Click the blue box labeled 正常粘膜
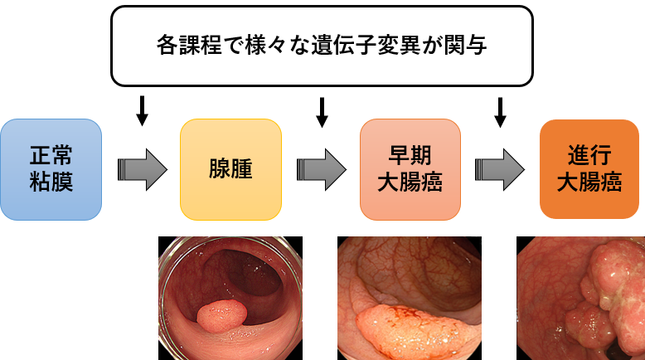[x=51, y=169]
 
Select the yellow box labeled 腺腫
[x=230, y=169]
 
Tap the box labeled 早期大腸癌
[x=410, y=169]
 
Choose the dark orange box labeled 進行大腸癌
[x=589, y=169]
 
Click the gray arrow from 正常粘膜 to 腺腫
[x=142, y=169]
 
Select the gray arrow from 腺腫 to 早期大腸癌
[x=322, y=169]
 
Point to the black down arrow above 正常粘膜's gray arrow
[x=142, y=111]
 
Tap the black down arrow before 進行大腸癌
[x=500, y=111]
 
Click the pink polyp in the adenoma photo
[x=221, y=318]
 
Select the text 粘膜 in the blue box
[x=51, y=181]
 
